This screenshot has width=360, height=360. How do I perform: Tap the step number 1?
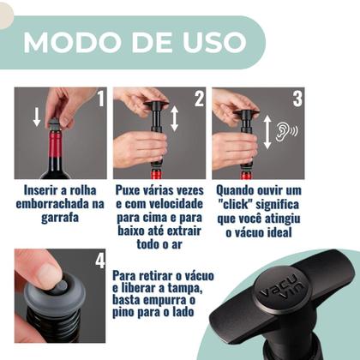[x=99, y=99]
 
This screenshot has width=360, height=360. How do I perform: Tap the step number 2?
[x=199, y=99]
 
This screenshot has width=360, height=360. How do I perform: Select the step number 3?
[x=297, y=99]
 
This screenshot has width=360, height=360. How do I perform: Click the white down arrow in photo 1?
[x=37, y=116]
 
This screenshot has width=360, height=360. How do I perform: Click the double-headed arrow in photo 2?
[x=175, y=118]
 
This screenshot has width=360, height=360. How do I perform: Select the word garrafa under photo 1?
[x=60, y=219]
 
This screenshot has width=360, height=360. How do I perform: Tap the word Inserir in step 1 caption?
[x=42, y=188]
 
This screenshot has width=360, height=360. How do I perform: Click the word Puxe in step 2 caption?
[x=130, y=188]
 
